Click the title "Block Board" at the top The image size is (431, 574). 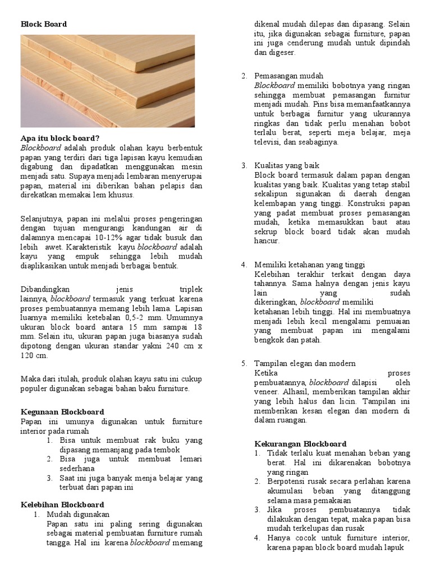pyautogui.click(x=44, y=24)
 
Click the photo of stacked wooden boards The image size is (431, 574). pyautogui.click(x=108, y=81)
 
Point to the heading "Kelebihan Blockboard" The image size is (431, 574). pyautogui.click(x=62, y=504)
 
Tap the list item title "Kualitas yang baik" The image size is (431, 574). pyautogui.click(x=287, y=165)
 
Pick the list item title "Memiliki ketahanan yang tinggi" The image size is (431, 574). pyautogui.click(x=310, y=264)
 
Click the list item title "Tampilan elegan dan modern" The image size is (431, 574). pyautogui.click(x=305, y=363)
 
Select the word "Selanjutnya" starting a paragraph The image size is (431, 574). pyautogui.click(x=42, y=219)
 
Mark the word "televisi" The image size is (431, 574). pyautogui.click(x=268, y=142)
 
